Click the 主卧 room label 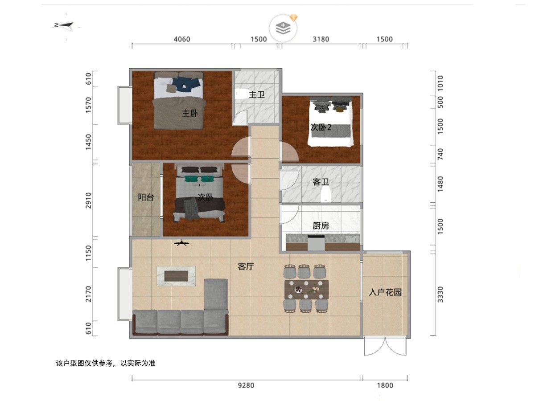(190, 113)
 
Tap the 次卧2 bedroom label (321, 127)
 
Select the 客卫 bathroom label (321, 182)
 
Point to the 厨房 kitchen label (321, 226)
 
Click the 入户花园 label (385, 292)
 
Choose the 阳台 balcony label (146, 197)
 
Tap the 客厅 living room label (246, 266)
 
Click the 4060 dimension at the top (182, 39)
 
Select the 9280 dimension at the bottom (246, 385)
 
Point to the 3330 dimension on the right (440, 295)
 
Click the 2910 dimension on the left (88, 200)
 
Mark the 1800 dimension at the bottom (385, 385)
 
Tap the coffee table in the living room (176, 276)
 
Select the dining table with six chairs (306, 290)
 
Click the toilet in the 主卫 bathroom (241, 94)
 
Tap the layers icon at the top (283, 28)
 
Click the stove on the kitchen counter (316, 243)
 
